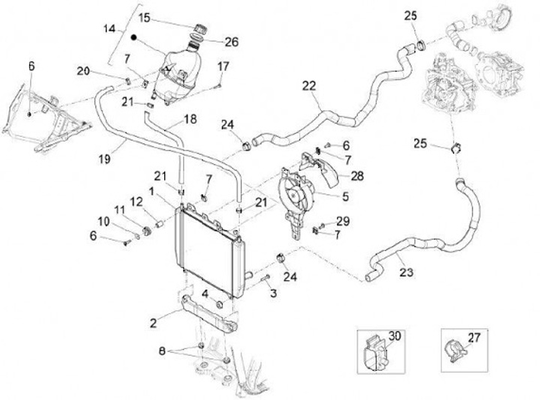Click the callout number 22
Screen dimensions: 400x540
pyautogui.click(x=308, y=85)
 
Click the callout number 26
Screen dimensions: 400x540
pyautogui.click(x=231, y=42)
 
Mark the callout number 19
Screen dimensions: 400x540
pyautogui.click(x=104, y=158)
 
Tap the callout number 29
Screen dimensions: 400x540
pyautogui.click(x=343, y=221)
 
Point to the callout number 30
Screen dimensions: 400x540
pyautogui.click(x=395, y=337)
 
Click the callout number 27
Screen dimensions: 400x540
pyautogui.click(x=473, y=338)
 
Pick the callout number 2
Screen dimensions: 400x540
pyautogui.click(x=153, y=323)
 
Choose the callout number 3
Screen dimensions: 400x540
pyautogui.click(x=274, y=291)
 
